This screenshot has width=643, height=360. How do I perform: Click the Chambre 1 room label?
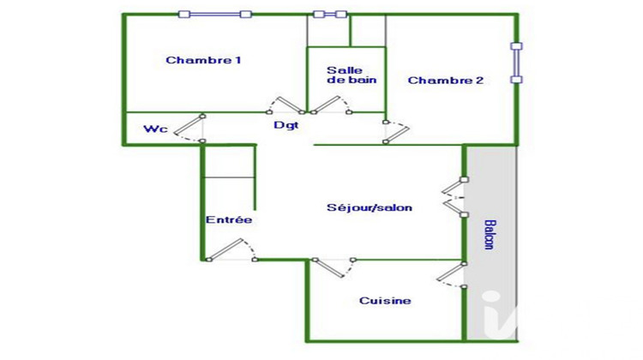203,60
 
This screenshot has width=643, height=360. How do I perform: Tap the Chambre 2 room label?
445,81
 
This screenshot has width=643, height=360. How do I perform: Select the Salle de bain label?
352,75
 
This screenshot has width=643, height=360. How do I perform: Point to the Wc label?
155,129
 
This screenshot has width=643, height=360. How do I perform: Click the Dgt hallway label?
285,125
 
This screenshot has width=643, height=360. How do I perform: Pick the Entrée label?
229,219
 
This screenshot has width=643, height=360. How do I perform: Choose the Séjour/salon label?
369,207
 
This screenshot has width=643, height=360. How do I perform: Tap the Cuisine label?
385,301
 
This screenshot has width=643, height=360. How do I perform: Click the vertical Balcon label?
490,235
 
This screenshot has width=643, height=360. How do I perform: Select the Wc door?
189,129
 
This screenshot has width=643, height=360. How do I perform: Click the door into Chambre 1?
285,105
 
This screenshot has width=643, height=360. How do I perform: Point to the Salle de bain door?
331,105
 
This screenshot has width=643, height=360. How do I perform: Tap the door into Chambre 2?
396,132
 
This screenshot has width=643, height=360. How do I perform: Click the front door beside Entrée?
231,249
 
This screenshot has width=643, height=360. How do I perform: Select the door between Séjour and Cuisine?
334,267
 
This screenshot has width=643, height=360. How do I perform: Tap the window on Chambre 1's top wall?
215,15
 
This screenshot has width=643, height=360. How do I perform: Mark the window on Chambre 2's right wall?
516,63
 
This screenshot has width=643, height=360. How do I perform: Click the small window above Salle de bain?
330,15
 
